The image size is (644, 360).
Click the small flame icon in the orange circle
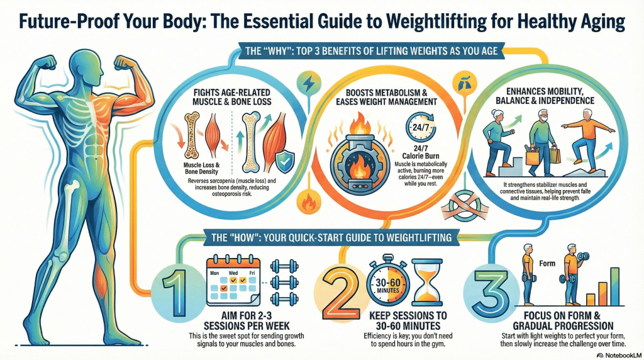309,203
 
